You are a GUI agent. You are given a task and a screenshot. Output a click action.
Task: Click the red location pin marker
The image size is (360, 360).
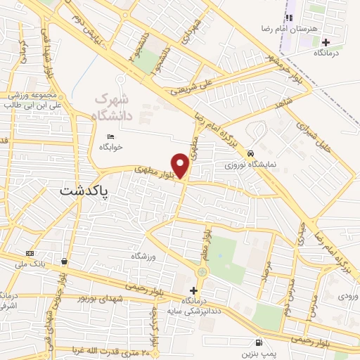(x=181, y=165)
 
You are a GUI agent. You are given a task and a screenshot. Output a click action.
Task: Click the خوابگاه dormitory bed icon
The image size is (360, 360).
(x=110, y=136)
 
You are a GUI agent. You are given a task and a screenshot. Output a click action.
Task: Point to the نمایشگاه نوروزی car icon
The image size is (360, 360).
(x=250, y=153)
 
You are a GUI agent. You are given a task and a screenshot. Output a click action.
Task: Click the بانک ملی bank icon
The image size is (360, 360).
(x=30, y=253)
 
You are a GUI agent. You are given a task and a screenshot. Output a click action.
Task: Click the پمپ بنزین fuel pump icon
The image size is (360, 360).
(x=260, y=342)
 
